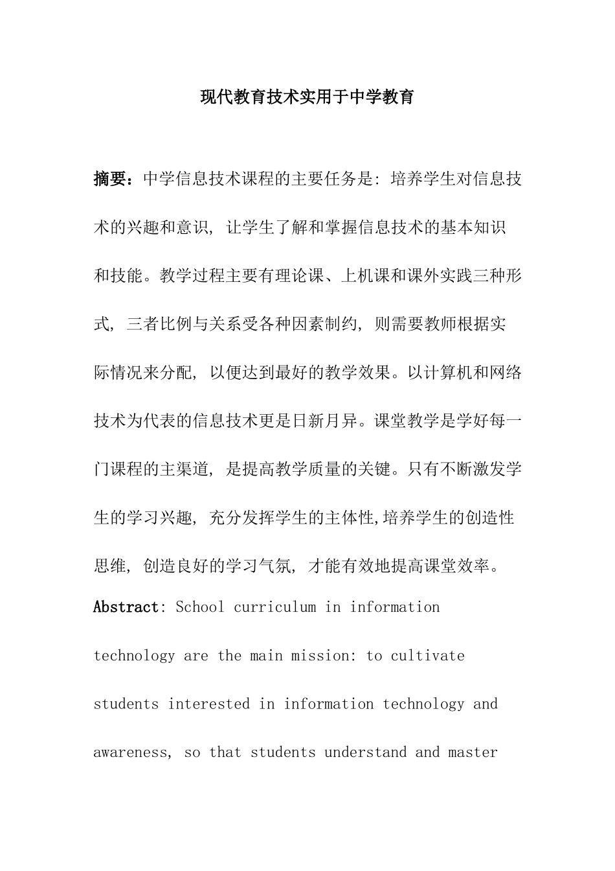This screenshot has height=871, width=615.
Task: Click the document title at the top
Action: point(307,98)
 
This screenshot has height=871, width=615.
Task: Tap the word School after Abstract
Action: point(200,607)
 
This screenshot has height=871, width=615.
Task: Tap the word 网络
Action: point(506,373)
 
